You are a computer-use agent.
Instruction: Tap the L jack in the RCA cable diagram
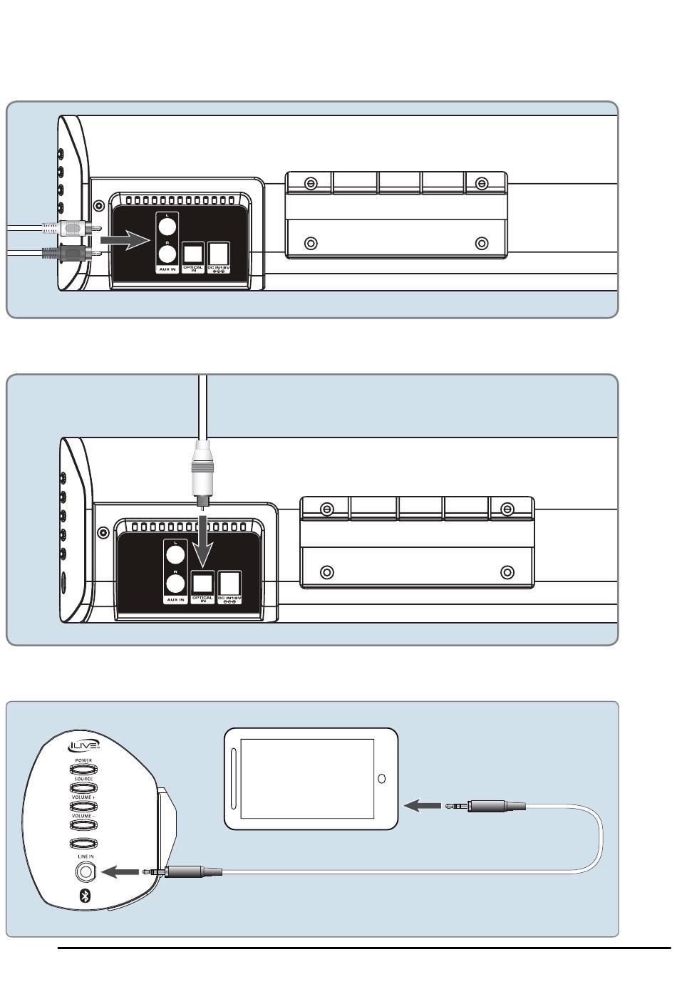click(166, 227)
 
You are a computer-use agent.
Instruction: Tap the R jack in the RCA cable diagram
click(166, 253)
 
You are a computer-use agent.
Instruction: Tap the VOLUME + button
click(83, 806)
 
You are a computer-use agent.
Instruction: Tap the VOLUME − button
click(83, 824)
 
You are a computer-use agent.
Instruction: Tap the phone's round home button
click(381, 779)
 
